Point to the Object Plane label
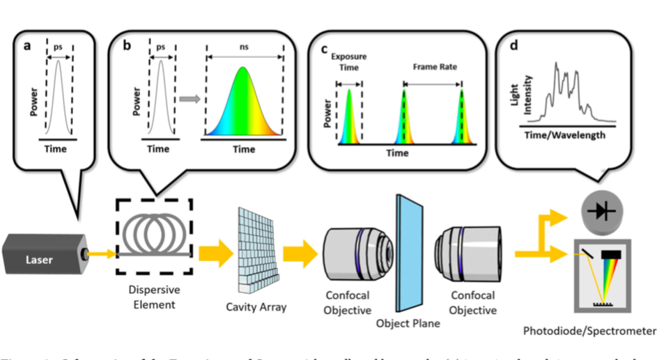(404, 323)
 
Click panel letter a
(26, 47)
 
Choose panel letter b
(127, 47)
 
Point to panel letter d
(513, 47)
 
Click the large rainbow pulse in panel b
(243, 104)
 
